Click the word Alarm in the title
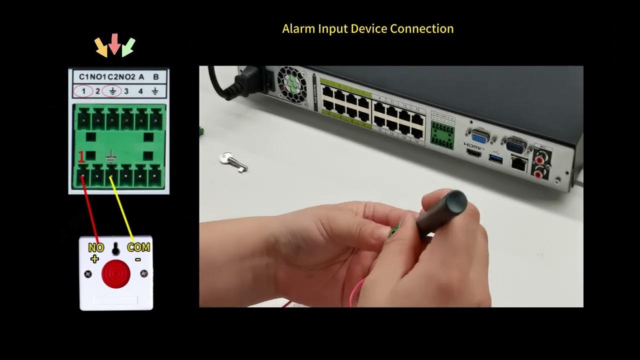pos(298,28)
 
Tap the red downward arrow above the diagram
pos(114,44)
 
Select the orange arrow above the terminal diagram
pos(101,47)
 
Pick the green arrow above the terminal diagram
pos(128,47)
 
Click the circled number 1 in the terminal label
pos(82,91)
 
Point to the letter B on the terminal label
pos(156,77)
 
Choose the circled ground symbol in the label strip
pos(112,91)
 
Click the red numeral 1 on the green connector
pos(81,157)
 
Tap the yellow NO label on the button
pos(95,247)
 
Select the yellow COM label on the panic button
pos(138,247)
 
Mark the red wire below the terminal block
pos(90,210)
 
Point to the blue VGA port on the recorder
pos(478,137)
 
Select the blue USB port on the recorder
pos(495,158)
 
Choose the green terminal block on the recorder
pos(442,135)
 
